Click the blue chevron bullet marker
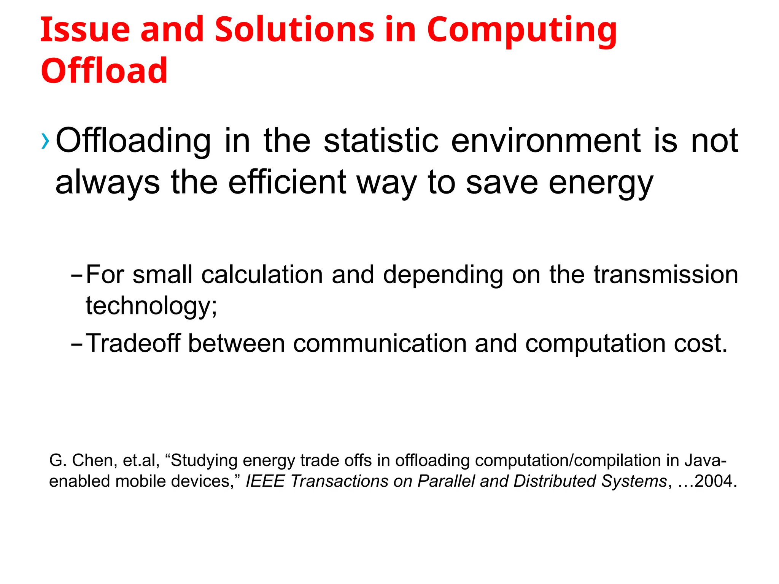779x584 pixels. click(45, 141)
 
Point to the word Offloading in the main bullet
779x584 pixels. click(133, 141)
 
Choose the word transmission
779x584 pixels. click(666, 275)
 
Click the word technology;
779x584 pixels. click(151, 306)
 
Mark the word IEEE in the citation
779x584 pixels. click(265, 481)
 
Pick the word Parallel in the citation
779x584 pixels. click(446, 481)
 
